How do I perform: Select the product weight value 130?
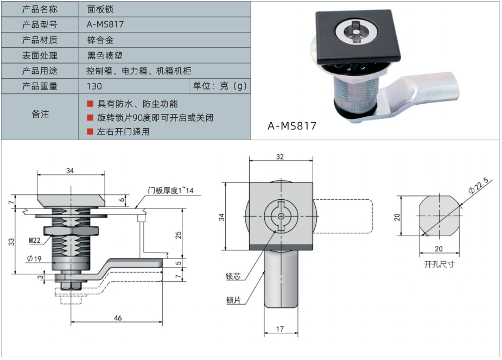(94, 86)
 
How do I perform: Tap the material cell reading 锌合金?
(100, 40)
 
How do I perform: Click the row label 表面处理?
(40, 55)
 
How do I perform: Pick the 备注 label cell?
(40, 114)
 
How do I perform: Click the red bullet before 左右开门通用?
(90, 131)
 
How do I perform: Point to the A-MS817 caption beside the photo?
(291, 126)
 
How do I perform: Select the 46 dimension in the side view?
(118, 318)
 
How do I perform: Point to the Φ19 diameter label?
(34, 258)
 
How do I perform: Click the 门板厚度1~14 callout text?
(170, 191)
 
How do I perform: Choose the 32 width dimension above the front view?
(280, 156)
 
